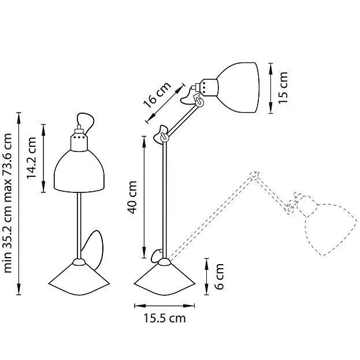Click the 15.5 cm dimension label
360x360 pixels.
coord(165,318)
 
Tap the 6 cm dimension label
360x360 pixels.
coord(220,276)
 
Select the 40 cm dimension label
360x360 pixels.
coord(132,197)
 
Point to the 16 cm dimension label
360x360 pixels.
coord(157,95)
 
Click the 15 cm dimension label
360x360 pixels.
coord(283,88)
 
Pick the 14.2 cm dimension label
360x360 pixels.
coord(31,158)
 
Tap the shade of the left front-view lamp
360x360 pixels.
coord(79,171)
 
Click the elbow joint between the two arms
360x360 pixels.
coord(164,137)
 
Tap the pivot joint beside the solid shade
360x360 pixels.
coord(199,101)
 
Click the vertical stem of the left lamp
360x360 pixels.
coord(79,225)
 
